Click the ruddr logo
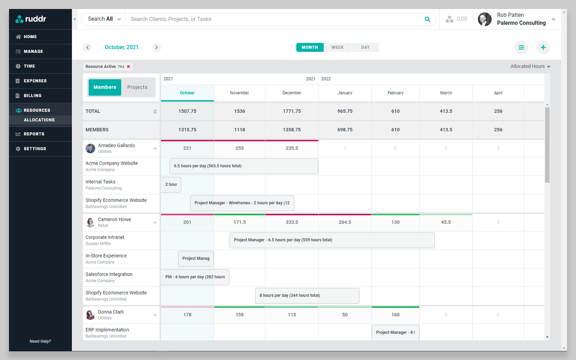click(31, 19)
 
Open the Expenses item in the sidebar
click(35, 81)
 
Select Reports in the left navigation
click(34, 134)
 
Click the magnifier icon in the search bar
click(427, 19)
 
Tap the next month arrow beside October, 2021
click(156, 48)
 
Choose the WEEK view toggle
click(337, 48)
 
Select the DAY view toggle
click(365, 48)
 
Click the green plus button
click(543, 48)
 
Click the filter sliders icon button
click(521, 48)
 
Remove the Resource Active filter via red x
click(129, 67)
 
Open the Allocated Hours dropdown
click(530, 66)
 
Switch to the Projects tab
click(137, 87)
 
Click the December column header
click(292, 93)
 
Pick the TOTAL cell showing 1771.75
click(292, 111)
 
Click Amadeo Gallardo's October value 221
click(187, 148)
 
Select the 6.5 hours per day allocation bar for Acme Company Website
click(244, 166)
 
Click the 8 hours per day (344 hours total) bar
click(307, 296)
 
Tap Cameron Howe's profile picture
click(90, 222)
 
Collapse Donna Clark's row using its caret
click(155, 315)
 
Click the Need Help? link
click(40, 341)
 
